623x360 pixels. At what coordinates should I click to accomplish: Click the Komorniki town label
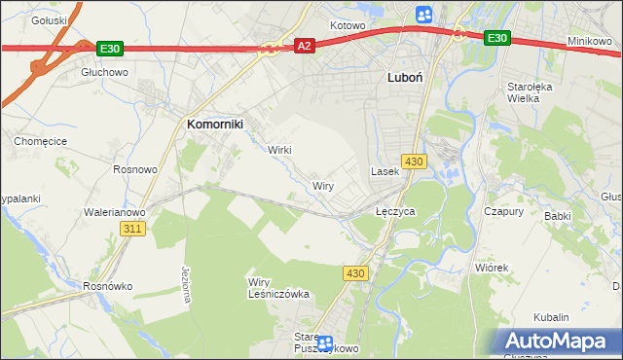(x=214, y=124)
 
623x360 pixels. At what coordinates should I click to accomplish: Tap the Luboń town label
(x=404, y=77)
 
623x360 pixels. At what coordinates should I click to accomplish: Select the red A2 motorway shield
(x=304, y=46)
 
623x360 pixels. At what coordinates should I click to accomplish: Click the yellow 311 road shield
(x=134, y=229)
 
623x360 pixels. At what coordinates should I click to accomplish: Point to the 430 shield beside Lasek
(x=414, y=161)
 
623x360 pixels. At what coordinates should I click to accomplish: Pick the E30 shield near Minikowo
(x=496, y=38)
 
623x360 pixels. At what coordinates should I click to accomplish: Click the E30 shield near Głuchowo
(x=109, y=47)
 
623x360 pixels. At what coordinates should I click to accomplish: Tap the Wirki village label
(x=279, y=150)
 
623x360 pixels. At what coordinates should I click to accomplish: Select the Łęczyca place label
(x=395, y=210)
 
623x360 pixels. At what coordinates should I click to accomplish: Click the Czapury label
(x=504, y=210)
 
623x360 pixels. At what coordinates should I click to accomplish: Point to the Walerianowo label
(x=115, y=211)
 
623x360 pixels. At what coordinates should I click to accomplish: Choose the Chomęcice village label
(x=38, y=141)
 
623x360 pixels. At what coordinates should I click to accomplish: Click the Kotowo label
(x=347, y=25)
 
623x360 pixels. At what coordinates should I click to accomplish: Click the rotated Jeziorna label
(x=186, y=285)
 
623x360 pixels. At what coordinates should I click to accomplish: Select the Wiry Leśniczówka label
(x=277, y=287)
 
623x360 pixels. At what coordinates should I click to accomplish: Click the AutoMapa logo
(x=560, y=341)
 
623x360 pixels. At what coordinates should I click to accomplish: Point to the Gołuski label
(x=49, y=19)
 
